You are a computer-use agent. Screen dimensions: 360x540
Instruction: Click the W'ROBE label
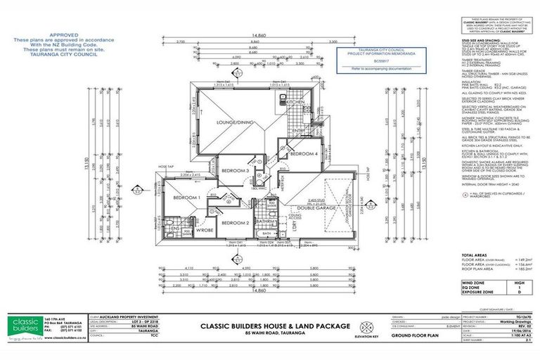coord(204,229)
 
